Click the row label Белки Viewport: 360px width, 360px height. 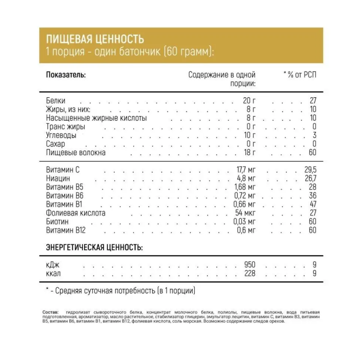click(x=55, y=101)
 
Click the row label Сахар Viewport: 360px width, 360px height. click(x=55, y=144)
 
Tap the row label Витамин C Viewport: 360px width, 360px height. click(x=66, y=170)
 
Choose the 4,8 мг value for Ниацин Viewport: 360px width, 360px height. click(x=245, y=178)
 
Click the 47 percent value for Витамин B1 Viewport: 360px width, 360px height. click(x=312, y=204)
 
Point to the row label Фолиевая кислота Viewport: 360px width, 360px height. click(x=76, y=213)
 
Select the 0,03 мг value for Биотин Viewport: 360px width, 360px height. click(x=245, y=221)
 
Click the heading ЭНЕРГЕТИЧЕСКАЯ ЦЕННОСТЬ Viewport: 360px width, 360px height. click(x=94, y=247)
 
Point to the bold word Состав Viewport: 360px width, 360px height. click(x=50, y=312)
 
